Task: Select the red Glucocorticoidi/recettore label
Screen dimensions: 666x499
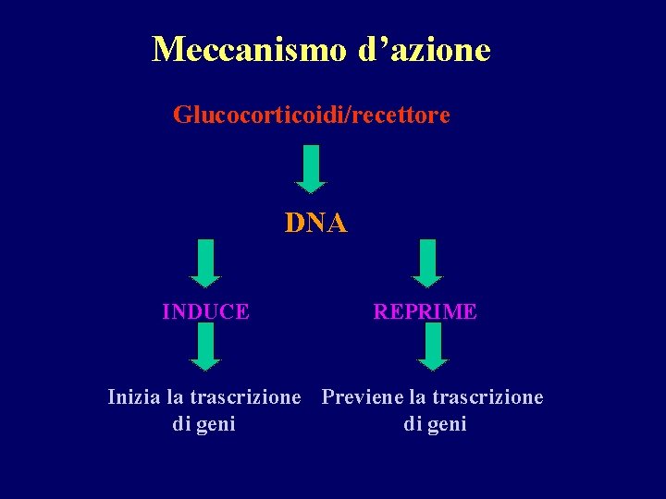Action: point(312,116)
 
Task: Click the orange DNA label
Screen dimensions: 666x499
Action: point(315,224)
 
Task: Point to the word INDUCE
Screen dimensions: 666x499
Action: point(205,312)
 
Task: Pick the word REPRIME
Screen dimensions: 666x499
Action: point(425,312)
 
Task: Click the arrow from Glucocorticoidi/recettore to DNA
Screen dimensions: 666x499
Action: point(312,168)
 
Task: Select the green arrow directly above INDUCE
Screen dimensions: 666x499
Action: point(205,263)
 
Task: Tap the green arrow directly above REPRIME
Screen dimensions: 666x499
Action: point(426,263)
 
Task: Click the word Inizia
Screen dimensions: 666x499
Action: point(134,398)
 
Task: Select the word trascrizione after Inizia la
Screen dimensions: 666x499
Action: point(245,398)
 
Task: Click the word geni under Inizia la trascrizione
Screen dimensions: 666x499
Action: point(217,425)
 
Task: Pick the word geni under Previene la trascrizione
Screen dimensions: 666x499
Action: point(449,425)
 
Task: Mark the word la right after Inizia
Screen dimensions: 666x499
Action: point(175,398)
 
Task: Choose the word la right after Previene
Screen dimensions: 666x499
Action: point(417,398)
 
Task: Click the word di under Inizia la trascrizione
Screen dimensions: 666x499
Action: point(182,425)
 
